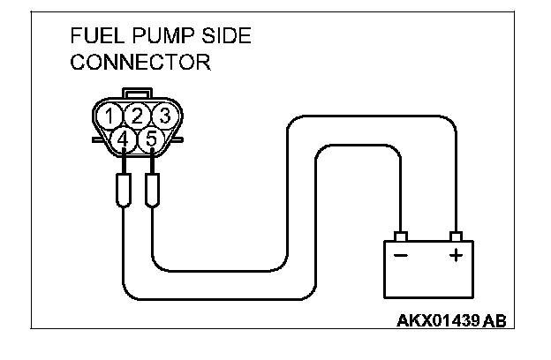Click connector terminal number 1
109,116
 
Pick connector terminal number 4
123,139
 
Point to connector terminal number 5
150,139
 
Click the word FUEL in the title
92,37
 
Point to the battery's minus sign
400,256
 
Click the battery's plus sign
456,256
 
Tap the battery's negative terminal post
400,236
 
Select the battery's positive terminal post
456,236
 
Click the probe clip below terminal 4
124,191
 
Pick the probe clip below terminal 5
152,191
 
